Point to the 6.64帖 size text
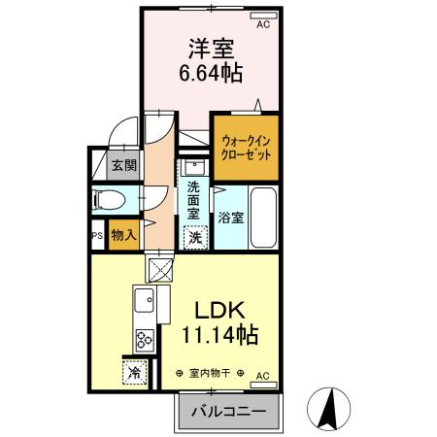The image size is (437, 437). coord(211,73)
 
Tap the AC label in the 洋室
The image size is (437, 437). coord(263,25)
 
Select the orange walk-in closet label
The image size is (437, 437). coord(246,148)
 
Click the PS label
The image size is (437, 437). coord(96,235)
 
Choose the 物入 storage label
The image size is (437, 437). coord(122,234)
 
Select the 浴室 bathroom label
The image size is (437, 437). coord(230,217)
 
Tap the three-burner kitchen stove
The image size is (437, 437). coord(145,340)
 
